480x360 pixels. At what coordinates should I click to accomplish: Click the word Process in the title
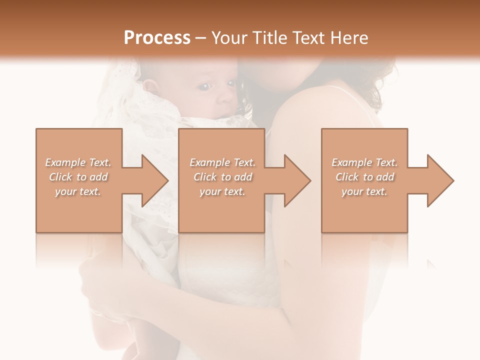tap(157, 38)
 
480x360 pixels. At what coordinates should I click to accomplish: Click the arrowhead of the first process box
tap(155, 180)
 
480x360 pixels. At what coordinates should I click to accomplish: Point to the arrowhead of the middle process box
tap(298, 180)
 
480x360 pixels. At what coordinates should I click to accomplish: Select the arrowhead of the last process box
tap(440, 180)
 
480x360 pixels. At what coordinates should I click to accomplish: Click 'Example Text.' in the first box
tap(78, 162)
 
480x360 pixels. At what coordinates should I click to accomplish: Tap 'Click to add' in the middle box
tap(222, 177)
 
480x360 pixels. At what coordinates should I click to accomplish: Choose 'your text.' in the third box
tap(364, 191)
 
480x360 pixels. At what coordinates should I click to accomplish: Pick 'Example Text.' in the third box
tap(364, 162)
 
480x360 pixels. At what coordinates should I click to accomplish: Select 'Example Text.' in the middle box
tap(222, 162)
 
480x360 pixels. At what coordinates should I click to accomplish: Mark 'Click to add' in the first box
tap(78, 177)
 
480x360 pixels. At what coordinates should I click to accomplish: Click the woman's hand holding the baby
tap(100, 285)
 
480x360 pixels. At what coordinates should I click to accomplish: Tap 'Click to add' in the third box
tap(364, 177)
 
